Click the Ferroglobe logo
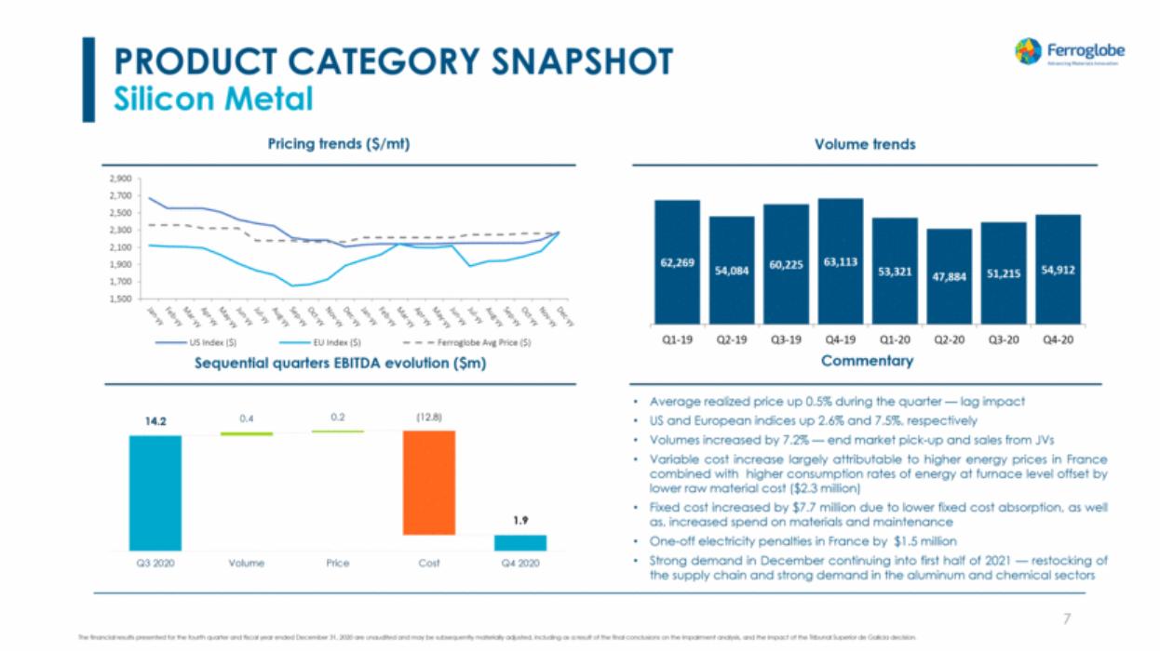[x=1069, y=51]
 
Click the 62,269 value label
[x=676, y=263]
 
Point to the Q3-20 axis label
[x=1004, y=339]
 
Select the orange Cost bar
[x=429, y=482]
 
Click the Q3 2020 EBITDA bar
[x=155, y=493]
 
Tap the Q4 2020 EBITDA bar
[x=520, y=542]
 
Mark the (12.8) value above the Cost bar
[x=428, y=419]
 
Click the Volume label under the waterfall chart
[x=247, y=564]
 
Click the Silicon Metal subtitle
[x=213, y=99]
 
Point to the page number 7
[x=1067, y=618]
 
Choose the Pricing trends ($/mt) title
[x=339, y=144]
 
